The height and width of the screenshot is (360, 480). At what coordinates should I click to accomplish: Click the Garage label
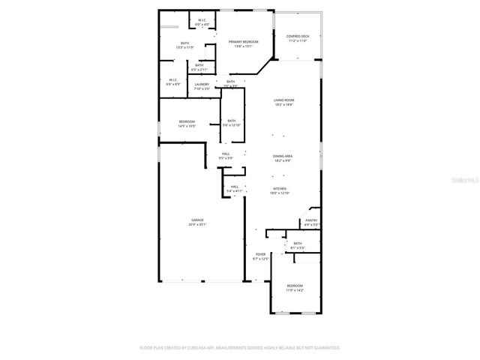coord(197,220)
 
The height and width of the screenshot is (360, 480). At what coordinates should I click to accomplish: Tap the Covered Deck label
coord(298,36)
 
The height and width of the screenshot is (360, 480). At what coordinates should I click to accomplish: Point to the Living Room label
coord(283,100)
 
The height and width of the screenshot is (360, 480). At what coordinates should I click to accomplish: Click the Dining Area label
coord(283,156)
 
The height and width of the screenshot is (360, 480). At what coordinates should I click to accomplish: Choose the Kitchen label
coord(280,189)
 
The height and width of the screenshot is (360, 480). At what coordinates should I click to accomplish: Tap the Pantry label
coord(311,220)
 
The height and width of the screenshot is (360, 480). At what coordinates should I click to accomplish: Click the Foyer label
coord(260,254)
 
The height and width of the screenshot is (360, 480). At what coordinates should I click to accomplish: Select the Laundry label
coord(202,84)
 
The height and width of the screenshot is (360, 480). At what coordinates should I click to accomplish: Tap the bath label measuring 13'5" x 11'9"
coord(184,43)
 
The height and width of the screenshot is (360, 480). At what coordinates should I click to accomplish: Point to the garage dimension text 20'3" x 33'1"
coord(197,224)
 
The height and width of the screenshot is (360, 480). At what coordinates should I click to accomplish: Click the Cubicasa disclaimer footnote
coord(240,348)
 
